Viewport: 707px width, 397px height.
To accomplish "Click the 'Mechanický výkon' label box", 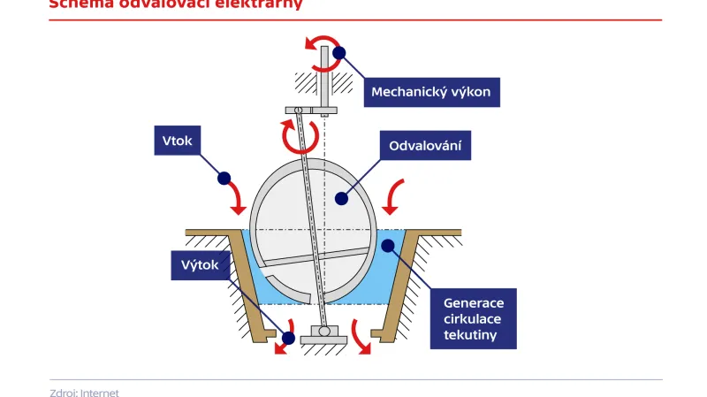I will [x=431, y=91].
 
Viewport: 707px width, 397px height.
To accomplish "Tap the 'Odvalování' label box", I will [x=424, y=145].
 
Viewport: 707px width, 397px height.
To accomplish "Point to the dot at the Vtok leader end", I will [x=224, y=178].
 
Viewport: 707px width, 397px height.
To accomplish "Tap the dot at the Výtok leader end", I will [x=287, y=337].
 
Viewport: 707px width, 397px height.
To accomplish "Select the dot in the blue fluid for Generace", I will [x=386, y=244].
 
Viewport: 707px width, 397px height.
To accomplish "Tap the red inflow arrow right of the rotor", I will [x=396, y=195].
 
